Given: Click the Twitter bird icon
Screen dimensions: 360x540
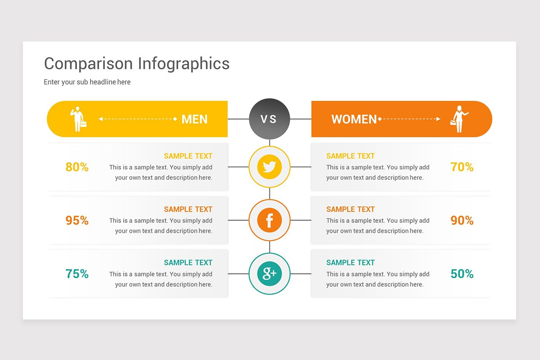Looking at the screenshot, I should point(270,167).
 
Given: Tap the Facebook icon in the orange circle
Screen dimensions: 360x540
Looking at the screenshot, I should point(270,220).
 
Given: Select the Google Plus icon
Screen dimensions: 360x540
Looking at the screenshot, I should point(270,273).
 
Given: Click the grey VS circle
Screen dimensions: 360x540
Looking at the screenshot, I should point(270,119).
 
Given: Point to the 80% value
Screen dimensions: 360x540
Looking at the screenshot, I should point(77,167).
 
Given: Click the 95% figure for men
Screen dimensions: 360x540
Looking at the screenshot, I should point(77,220).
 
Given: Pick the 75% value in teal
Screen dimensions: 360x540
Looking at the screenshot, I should point(77,274).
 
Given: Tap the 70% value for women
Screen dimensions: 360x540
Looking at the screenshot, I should point(462,167).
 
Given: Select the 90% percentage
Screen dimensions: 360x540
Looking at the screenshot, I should point(462,220).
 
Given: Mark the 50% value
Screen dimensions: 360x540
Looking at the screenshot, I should point(462,274).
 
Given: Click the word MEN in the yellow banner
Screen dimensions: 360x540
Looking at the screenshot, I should point(194,119).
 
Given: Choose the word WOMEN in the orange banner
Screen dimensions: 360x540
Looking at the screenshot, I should point(354,119).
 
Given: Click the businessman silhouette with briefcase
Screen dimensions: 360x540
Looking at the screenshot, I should point(78,119).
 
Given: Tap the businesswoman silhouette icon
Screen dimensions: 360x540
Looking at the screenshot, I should point(459,119).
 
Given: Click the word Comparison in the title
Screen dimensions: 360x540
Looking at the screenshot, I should point(89,64).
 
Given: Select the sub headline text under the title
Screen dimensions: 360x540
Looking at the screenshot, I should point(87,82).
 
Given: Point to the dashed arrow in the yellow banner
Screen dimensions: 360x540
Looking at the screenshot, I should point(138,119).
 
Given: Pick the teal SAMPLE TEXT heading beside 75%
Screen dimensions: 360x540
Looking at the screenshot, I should point(188,262).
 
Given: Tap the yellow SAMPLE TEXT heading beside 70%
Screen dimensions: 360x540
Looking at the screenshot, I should point(351,156).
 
